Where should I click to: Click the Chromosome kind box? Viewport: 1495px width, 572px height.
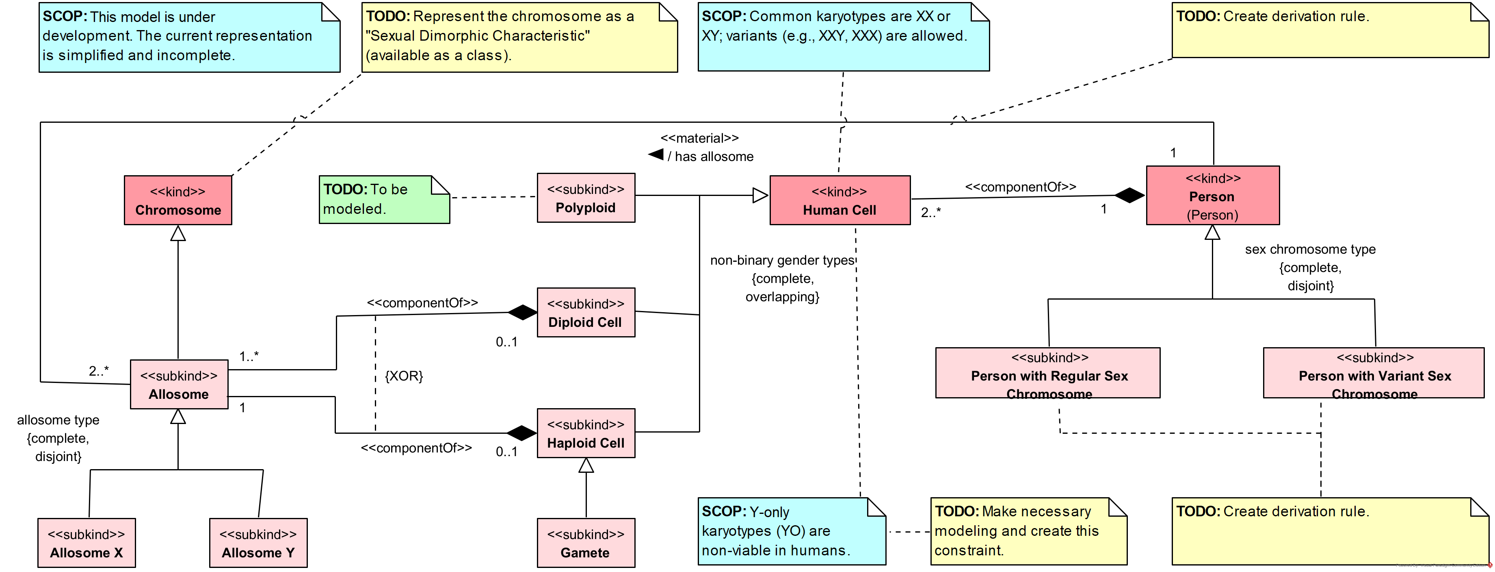[177, 200]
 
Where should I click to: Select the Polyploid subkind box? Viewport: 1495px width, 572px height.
[586, 198]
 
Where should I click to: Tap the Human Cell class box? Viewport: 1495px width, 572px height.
[839, 200]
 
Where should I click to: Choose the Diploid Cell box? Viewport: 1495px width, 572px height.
[586, 312]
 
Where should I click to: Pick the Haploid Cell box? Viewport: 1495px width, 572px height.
[586, 433]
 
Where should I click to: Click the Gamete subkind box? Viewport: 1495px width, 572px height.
[586, 543]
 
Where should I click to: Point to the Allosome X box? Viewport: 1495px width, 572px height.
[87, 543]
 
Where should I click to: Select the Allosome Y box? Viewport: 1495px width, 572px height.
[258, 543]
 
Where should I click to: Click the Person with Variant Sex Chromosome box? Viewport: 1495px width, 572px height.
[1373, 373]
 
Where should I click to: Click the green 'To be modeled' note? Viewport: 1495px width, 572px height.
[384, 199]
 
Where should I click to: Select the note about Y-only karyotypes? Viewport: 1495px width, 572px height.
[791, 531]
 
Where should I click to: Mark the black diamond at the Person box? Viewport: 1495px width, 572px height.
[1129, 195]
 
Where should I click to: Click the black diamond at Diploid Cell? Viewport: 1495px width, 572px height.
[522, 312]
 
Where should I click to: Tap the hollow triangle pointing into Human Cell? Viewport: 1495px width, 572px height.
[760, 196]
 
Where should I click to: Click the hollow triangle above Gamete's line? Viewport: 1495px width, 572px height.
[586, 466]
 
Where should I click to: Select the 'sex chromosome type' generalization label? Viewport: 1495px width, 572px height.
[1310, 250]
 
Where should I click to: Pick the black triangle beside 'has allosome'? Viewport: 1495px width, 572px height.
[656, 154]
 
